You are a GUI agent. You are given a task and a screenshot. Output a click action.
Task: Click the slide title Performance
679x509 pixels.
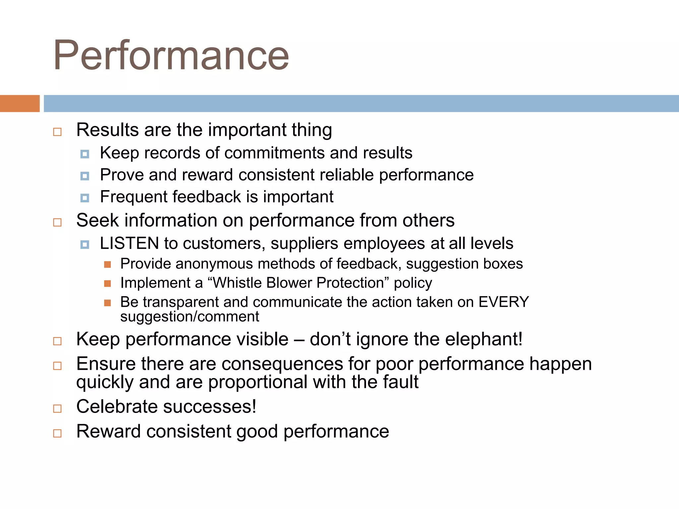[171, 55]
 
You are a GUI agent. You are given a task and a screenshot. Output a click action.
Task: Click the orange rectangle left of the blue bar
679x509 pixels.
[20, 103]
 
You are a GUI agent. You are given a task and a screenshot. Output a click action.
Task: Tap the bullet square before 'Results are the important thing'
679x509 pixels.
[57, 132]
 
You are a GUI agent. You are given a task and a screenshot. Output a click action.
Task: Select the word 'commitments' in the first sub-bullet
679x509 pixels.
[275, 153]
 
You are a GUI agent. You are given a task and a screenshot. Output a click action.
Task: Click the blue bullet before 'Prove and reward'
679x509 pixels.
[85, 176]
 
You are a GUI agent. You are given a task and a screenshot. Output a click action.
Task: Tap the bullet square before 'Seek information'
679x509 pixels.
[57, 222]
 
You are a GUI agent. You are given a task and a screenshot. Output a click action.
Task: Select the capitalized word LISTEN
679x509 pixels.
[129, 244]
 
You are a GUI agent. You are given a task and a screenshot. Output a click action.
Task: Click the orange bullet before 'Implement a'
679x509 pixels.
[107, 283]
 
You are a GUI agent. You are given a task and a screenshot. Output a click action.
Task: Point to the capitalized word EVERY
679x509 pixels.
[504, 302]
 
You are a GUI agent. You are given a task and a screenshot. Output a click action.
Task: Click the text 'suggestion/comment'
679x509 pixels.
[189, 317]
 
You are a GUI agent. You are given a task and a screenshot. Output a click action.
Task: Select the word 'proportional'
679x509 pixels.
[258, 382]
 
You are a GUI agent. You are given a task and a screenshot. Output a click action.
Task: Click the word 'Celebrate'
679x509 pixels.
[117, 407]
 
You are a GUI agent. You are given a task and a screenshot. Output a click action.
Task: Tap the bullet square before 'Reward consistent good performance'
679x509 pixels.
[57, 433]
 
